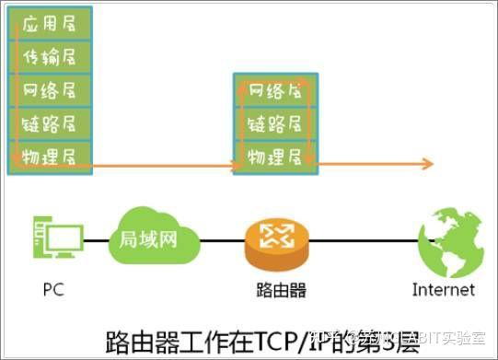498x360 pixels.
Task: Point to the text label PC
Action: [x=53, y=291]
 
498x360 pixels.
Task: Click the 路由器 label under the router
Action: [x=280, y=291]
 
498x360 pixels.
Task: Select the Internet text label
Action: [x=444, y=291]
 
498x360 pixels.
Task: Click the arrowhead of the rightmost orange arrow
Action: [x=428, y=164]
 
